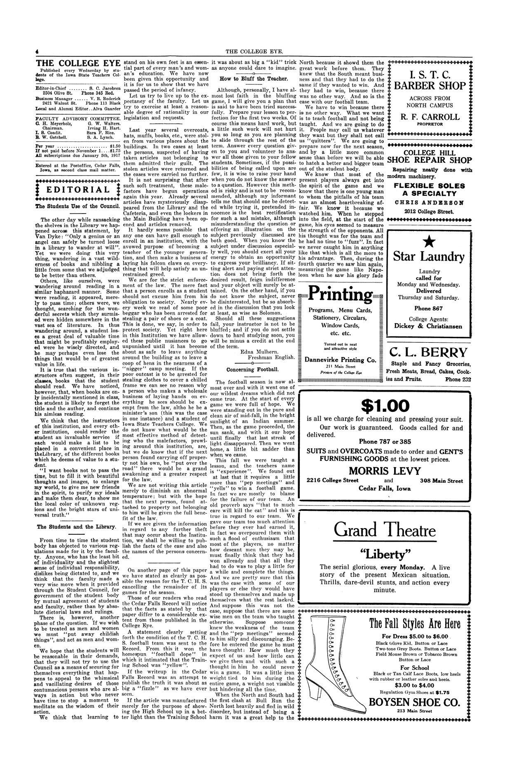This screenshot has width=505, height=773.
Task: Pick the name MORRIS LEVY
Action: point(384,471)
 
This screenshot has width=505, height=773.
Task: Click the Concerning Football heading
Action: point(253,369)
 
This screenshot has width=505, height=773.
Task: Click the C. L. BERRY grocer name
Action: point(429,352)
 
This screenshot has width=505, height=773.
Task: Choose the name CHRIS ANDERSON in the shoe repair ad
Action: point(430,203)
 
